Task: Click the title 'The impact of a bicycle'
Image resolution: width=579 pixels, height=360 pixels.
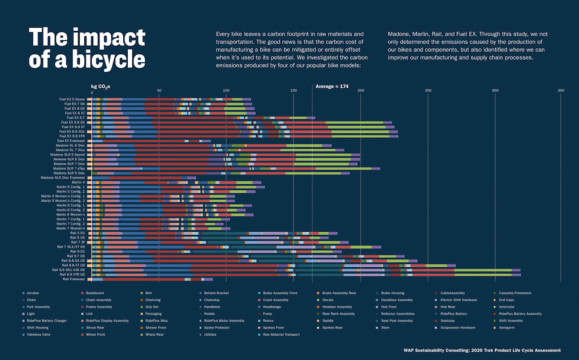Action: click(x=87, y=49)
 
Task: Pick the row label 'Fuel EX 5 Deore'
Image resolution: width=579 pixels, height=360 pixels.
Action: click(x=72, y=99)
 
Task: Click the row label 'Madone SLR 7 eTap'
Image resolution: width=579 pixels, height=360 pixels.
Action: click(x=69, y=168)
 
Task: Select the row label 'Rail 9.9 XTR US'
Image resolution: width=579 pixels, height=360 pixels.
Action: click(x=68, y=275)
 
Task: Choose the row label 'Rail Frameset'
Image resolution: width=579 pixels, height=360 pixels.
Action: click(x=74, y=279)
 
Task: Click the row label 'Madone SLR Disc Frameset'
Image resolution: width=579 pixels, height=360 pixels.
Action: click(x=63, y=178)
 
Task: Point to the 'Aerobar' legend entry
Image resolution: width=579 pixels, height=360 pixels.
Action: click(x=35, y=293)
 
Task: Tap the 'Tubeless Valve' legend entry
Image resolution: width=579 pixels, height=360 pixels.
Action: click(x=39, y=334)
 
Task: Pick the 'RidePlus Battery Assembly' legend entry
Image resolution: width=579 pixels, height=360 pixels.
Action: click(x=518, y=314)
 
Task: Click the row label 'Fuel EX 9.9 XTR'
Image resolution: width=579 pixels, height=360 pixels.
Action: click(x=71, y=136)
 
